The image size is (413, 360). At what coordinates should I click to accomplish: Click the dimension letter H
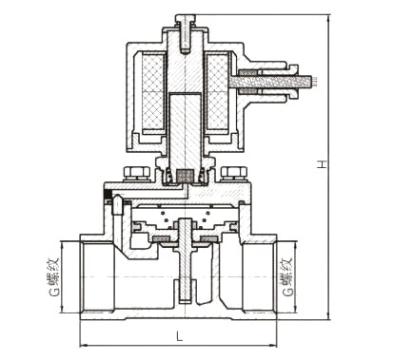click(x=323, y=163)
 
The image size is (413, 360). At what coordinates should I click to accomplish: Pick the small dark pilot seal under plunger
click(x=184, y=177)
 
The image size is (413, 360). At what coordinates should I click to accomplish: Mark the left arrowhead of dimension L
click(x=83, y=345)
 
